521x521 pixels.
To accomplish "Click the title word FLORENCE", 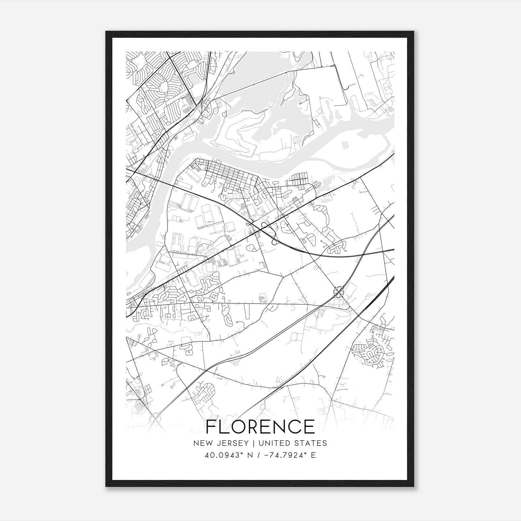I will [260, 427].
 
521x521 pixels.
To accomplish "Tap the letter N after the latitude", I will [242, 455].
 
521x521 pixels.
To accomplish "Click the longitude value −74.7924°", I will [283, 455].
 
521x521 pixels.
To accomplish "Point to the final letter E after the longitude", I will [314, 455].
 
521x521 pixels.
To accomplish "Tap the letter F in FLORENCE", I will [211, 427].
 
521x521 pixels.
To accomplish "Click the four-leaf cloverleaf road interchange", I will [339, 290].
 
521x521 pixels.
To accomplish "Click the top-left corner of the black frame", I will [106, 32].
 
